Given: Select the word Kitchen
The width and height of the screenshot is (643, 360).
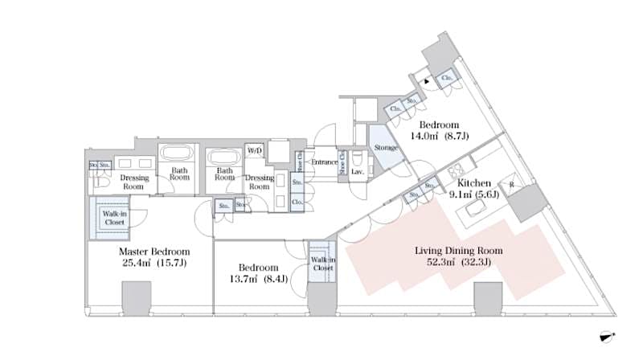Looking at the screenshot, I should pos(474,183).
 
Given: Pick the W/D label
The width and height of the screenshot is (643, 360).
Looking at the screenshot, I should pos(255,150).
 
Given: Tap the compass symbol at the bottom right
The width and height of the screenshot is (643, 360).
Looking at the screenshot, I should pos(608,337).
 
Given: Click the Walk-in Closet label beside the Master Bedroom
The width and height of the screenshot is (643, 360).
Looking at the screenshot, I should pos(114,217).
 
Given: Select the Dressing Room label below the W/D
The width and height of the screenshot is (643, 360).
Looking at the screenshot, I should pos(260,182).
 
